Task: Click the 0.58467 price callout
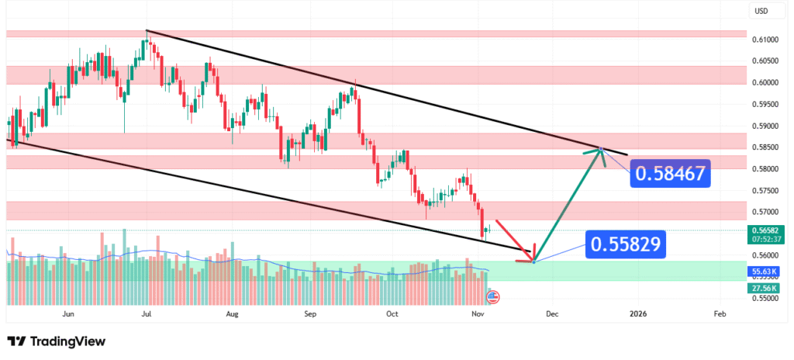(670, 174)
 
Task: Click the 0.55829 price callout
(626, 245)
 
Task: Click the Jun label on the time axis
(68, 314)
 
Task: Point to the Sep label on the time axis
(310, 314)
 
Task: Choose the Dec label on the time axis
(551, 314)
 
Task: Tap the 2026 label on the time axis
(637, 314)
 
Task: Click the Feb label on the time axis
(720, 314)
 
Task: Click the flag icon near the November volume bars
(492, 296)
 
